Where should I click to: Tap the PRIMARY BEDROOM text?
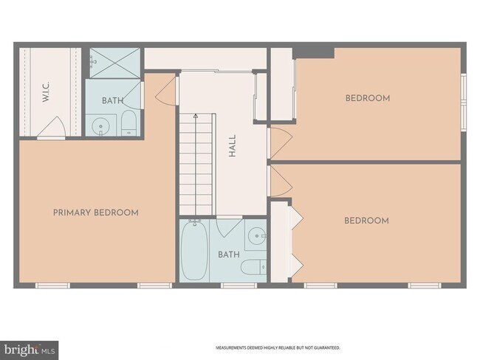(96, 212)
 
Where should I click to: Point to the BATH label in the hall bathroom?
(227, 255)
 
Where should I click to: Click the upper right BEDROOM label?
(367, 98)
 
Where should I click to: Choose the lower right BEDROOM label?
(367, 221)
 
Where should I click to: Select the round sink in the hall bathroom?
(255, 237)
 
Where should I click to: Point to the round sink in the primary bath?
(100, 126)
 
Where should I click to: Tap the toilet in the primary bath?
(128, 123)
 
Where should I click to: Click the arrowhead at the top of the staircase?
(196, 117)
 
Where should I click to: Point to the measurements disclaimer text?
(278, 347)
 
